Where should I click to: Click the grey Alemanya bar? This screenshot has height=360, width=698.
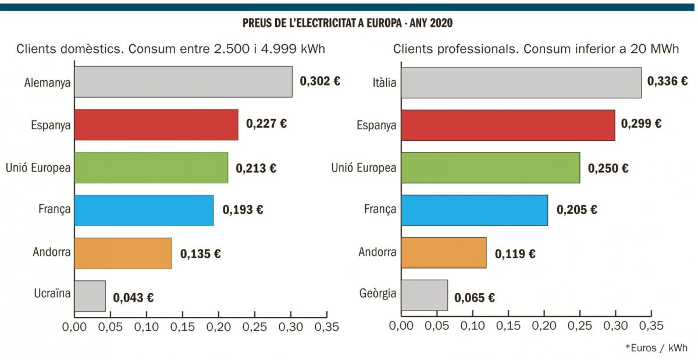tap(183, 81)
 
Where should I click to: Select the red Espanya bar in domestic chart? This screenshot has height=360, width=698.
tap(156, 124)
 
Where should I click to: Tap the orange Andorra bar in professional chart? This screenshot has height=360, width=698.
tap(444, 252)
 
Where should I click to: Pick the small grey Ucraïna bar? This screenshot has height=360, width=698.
tap(90, 296)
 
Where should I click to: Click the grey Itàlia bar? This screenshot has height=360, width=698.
tap(521, 83)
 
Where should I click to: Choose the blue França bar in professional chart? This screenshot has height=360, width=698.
tap(475, 210)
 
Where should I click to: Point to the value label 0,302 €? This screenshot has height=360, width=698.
tap(320, 81)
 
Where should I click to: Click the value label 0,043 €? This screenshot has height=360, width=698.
tap(133, 298)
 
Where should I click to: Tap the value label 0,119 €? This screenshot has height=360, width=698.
tap(515, 254)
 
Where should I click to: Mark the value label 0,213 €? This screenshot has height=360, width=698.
tap(256, 169)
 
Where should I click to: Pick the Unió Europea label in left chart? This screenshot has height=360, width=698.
tap(38, 168)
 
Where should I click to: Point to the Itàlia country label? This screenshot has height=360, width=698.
tap(384, 83)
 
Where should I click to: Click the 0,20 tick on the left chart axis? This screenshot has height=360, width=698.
tap(219, 327)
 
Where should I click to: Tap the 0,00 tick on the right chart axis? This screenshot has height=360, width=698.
tap(401, 327)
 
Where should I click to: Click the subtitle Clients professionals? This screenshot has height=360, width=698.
tap(536, 49)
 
